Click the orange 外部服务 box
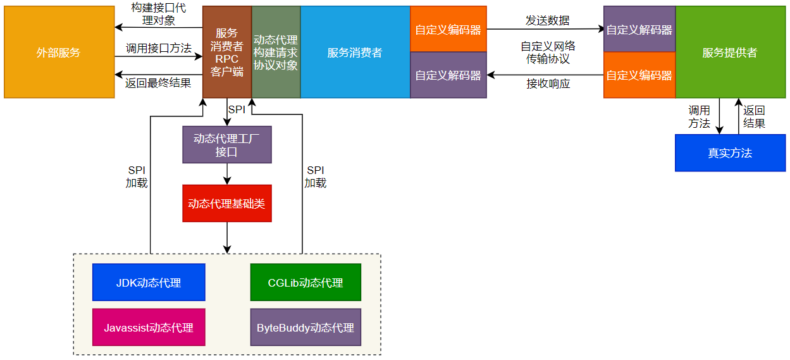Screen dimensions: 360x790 (59, 53)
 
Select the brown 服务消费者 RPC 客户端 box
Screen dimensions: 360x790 (227, 53)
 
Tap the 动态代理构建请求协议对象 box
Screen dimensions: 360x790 (276, 53)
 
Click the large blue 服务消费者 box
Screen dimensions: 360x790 (355, 53)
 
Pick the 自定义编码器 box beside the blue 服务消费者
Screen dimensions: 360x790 (448, 29)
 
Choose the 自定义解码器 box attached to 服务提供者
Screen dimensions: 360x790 (639, 29)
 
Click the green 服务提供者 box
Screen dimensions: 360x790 (729, 53)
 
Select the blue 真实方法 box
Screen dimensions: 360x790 (729, 153)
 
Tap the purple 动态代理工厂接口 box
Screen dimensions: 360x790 (227, 145)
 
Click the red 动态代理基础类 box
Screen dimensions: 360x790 (227, 204)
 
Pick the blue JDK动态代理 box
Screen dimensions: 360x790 (149, 282)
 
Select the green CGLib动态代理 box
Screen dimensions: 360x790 (306, 282)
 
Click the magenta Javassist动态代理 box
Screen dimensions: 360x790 (149, 328)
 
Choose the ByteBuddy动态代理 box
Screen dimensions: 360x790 (306, 328)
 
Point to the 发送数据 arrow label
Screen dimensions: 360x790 (547, 20)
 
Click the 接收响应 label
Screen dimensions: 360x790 (548, 84)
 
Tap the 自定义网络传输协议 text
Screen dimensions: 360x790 (548, 53)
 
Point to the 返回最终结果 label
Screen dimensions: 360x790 (158, 83)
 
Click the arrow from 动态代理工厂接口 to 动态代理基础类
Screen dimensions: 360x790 (227, 174)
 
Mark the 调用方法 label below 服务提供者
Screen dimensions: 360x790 (699, 117)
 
